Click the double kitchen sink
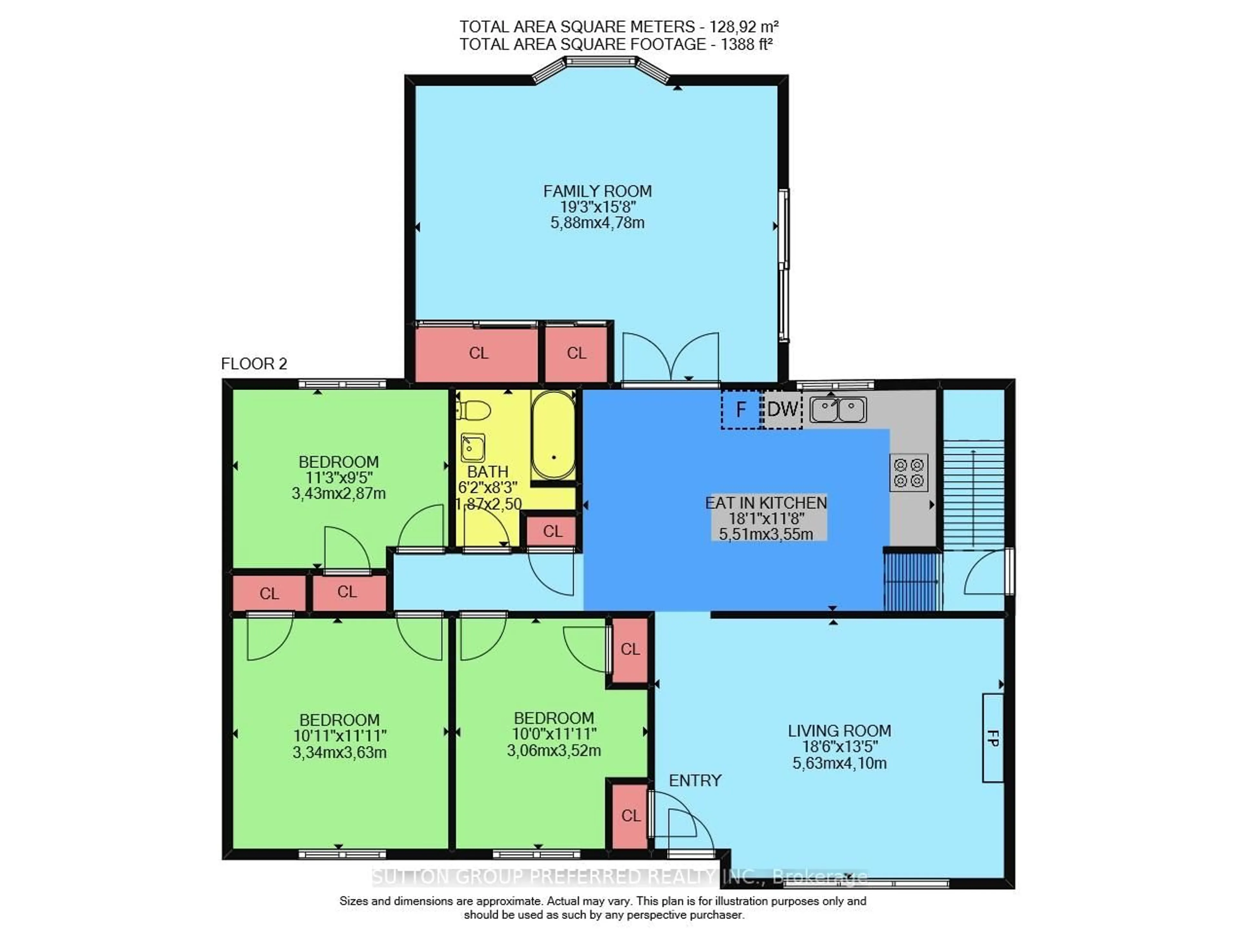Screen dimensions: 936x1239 (838, 409)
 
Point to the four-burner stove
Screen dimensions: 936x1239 (909, 473)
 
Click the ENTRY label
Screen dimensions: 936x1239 (695, 780)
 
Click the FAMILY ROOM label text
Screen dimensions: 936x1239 (597, 192)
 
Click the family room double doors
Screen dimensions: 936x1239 (670, 357)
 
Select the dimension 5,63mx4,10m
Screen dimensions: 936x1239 (839, 763)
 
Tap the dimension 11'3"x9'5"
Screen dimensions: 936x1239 (339, 478)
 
